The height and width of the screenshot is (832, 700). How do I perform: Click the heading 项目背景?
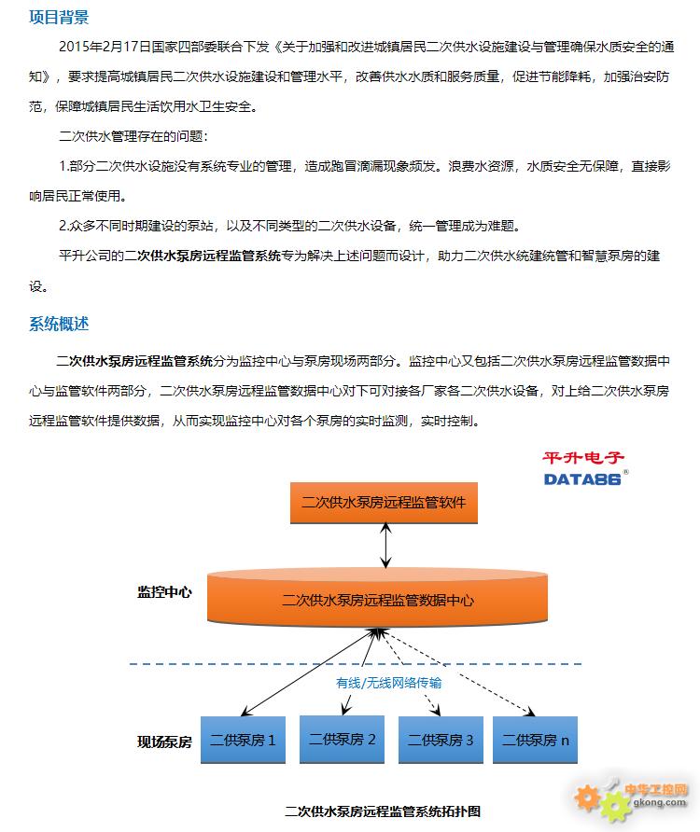[59, 17]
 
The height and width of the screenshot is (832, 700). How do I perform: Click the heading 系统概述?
[59, 324]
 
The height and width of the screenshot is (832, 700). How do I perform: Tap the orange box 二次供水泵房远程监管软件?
[384, 503]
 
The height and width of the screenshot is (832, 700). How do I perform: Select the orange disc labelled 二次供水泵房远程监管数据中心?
[377, 597]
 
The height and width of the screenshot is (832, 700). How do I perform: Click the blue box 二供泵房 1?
[243, 740]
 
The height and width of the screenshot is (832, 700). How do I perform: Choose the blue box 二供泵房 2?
[342, 739]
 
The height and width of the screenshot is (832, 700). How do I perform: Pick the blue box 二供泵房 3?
[441, 740]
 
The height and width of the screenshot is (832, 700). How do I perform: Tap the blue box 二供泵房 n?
[535, 740]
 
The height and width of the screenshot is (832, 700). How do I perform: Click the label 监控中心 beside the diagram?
[164, 592]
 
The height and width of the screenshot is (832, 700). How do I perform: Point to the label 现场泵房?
[164, 742]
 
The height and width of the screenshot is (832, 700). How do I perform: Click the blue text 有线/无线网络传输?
[389, 683]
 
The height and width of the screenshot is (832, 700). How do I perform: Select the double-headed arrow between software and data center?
[385, 546]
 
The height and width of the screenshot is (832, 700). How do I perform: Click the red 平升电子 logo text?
[582, 457]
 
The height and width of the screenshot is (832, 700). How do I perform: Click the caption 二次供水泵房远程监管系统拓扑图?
[383, 811]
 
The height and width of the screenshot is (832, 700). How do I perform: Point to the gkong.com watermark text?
[659, 802]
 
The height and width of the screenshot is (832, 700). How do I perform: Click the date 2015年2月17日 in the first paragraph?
[105, 47]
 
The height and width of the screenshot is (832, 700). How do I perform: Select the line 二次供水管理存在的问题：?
[133, 136]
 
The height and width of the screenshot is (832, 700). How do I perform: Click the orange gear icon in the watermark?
[586, 797]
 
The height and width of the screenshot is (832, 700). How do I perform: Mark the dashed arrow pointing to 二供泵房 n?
[458, 673]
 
